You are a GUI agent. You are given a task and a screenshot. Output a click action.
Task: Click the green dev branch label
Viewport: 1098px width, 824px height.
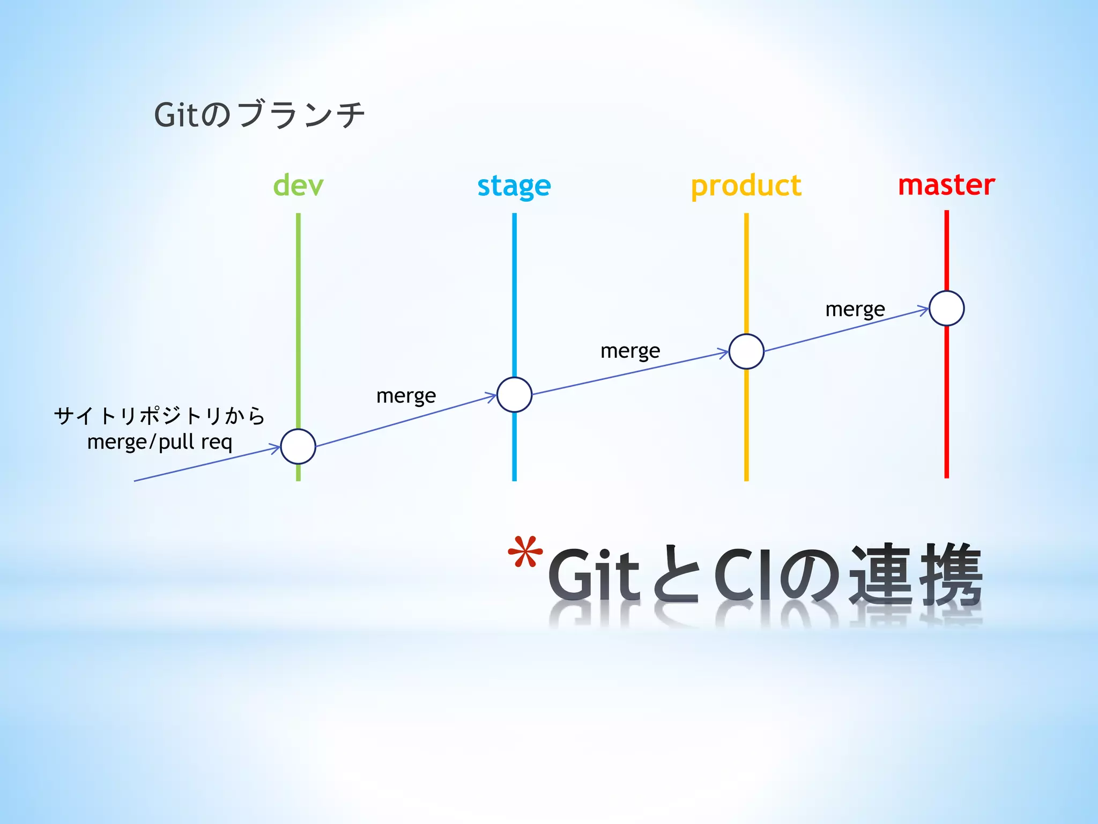coord(298,186)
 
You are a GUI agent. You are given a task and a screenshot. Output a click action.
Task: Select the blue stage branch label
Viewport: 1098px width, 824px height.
coord(514,186)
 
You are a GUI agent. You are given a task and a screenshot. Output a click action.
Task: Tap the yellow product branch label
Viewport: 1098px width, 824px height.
coord(746,186)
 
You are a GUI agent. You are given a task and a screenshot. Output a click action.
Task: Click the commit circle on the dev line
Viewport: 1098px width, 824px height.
coord(298,446)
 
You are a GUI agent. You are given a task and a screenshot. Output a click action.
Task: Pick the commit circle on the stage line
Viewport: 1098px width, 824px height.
coord(514,395)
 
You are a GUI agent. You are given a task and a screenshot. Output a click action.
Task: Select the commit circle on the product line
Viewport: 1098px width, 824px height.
coord(746,351)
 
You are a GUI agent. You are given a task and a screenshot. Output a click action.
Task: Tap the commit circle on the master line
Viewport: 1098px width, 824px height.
coord(946,308)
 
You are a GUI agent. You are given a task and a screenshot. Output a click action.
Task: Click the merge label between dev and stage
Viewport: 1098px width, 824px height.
coord(406,396)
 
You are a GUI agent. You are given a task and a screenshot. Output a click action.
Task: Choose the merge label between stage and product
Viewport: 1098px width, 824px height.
coord(630,351)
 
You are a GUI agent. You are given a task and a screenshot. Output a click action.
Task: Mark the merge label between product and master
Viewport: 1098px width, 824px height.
coord(855,310)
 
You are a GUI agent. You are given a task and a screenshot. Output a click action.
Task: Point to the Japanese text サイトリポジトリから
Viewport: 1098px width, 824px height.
coord(159,416)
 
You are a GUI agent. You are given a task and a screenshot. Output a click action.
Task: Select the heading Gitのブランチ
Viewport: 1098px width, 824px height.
coord(259,115)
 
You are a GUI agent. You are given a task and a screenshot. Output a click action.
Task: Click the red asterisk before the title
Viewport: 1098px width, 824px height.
coord(525,553)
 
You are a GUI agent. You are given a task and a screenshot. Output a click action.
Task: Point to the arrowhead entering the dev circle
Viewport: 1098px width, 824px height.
coord(276,447)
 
